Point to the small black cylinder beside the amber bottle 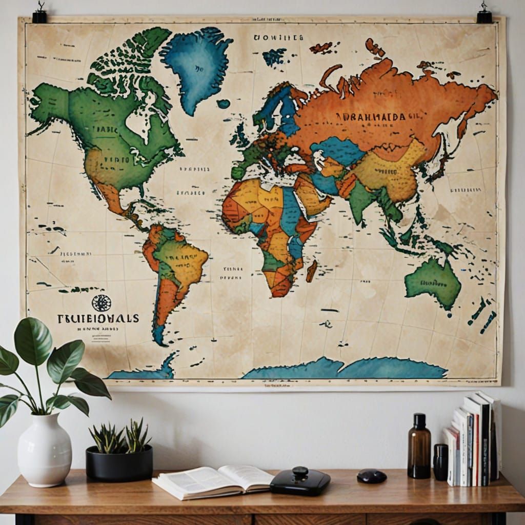[440, 462]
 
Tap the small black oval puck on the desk [371, 476]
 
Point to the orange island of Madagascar [311, 271]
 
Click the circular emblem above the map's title [101, 303]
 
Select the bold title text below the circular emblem [98, 318]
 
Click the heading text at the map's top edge [278, 37]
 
